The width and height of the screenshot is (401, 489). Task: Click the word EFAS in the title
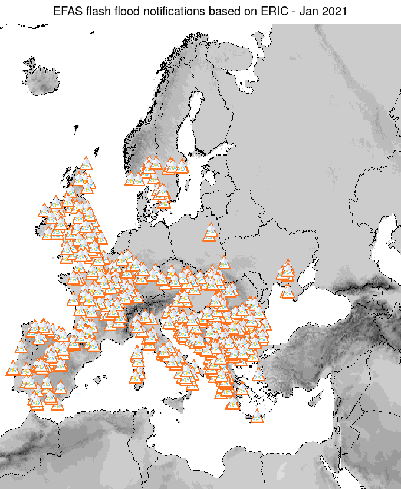coord(67,11)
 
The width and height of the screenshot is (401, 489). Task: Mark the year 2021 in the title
coord(334,11)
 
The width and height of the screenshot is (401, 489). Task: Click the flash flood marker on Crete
coord(257,417)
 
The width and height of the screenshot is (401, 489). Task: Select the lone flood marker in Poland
coord(210,234)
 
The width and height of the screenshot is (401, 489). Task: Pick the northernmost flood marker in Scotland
coord(86,164)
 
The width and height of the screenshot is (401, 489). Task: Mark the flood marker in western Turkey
coord(259,375)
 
